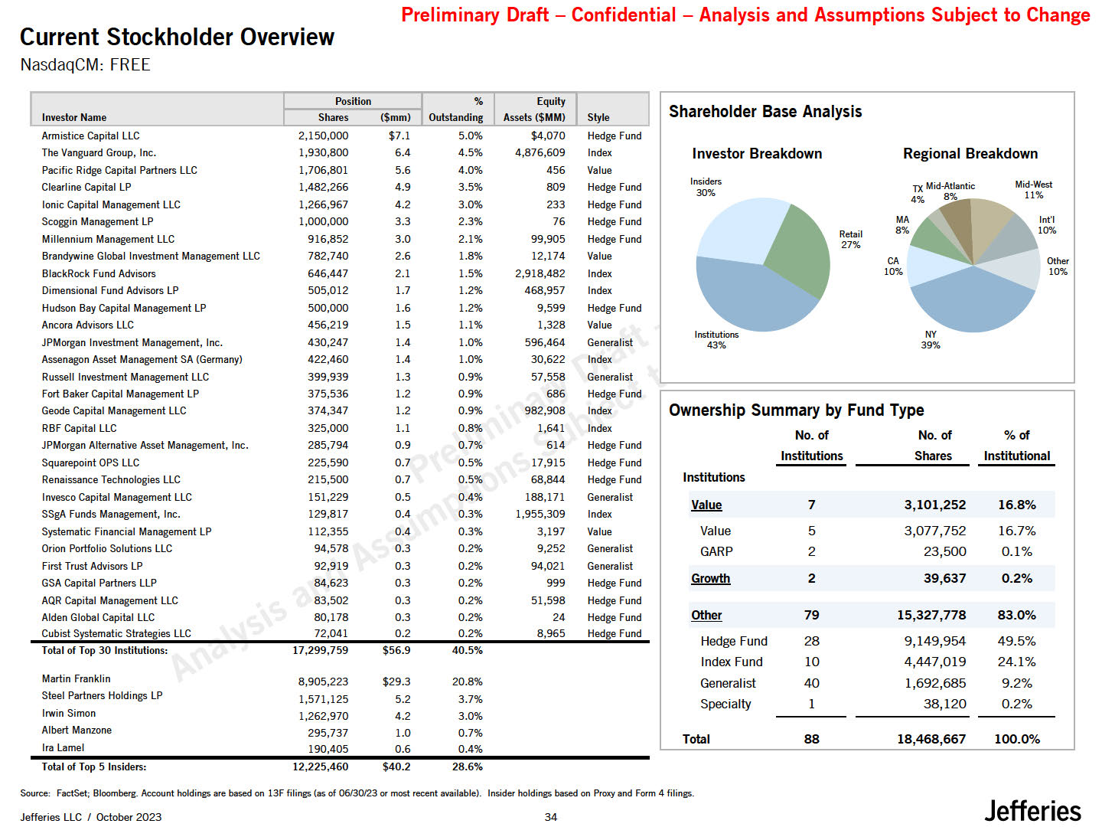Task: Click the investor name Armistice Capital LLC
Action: click(90, 136)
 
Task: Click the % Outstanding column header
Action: click(456, 110)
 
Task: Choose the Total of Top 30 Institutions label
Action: click(104, 650)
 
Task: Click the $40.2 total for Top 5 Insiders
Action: click(396, 767)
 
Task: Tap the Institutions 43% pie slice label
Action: click(716, 340)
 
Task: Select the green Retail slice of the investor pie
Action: click(800, 249)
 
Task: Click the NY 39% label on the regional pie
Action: click(931, 340)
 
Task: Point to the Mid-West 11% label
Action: click(1033, 190)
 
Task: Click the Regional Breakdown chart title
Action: click(970, 153)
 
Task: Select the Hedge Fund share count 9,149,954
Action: click(934, 641)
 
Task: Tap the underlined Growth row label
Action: click(710, 579)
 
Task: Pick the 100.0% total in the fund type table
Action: click(1016, 739)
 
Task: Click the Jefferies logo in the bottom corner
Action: click(1032, 810)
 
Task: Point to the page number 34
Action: click(551, 817)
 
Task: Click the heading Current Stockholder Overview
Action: click(177, 37)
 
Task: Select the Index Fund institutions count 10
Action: click(811, 662)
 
